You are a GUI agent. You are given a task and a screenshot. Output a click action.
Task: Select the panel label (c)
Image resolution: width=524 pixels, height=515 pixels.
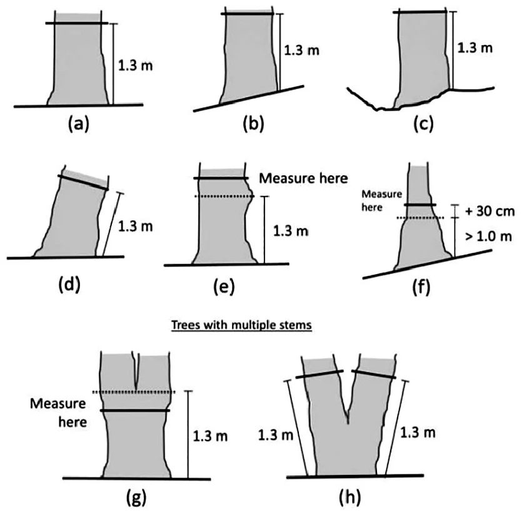pos(423,124)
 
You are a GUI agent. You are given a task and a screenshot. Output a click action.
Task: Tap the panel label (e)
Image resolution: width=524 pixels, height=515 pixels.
pos(224,287)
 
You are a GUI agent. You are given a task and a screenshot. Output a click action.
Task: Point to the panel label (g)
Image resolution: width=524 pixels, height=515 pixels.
pos(136,498)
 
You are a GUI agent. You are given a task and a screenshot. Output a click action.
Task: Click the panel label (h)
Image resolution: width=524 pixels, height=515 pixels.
pos(350,498)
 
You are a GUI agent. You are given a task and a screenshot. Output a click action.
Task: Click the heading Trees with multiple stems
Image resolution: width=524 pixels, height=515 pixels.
pos(241,325)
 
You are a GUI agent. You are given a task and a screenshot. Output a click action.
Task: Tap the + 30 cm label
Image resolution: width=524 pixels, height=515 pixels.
pos(489,212)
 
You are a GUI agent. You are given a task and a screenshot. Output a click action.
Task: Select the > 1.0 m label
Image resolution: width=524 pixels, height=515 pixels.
pos(488,237)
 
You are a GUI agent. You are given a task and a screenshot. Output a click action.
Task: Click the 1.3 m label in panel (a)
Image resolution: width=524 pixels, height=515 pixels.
pos(135,66)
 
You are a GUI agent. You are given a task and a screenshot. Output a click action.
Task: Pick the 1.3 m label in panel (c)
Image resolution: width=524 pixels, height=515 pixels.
pos(475,48)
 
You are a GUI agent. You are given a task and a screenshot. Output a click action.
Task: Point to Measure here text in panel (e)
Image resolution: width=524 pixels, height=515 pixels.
pos(303,178)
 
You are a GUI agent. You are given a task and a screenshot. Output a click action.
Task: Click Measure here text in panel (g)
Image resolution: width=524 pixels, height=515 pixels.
pos(59,412)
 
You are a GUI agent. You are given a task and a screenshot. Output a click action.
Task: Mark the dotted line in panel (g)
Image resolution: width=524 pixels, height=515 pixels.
pos(134,392)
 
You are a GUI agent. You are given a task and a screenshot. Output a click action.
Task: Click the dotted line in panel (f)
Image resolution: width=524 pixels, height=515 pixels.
pos(420,218)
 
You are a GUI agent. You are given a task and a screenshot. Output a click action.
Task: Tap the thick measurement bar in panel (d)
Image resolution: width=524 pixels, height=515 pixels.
pos(83,183)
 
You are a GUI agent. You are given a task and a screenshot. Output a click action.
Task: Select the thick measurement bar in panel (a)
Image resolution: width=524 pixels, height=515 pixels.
pos(77,23)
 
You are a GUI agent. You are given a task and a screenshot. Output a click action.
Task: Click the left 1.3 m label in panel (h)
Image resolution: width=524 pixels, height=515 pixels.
pos(276,436)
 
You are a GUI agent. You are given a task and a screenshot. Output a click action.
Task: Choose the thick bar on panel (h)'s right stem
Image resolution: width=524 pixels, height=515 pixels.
pos(374,375)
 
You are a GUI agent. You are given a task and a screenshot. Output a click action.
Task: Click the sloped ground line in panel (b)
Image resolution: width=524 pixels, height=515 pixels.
pos(249,98)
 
